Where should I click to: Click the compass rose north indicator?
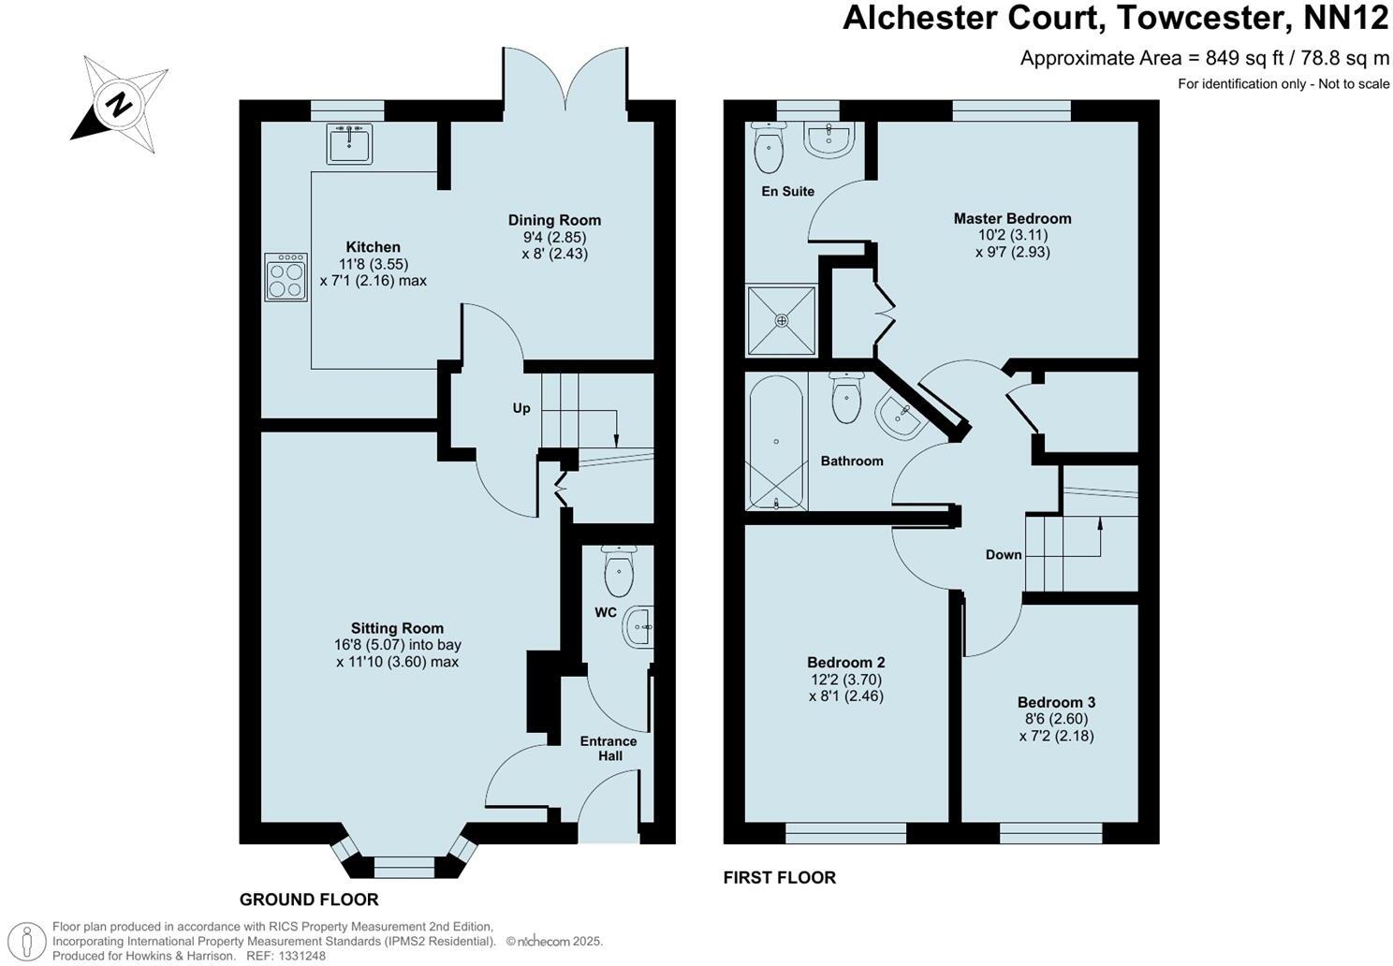119,104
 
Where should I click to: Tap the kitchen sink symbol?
349,143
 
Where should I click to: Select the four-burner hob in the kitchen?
286,277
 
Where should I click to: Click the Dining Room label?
554,220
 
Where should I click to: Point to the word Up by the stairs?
521,408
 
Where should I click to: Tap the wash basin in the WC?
638,626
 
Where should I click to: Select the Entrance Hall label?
608,748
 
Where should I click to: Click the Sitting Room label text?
397,628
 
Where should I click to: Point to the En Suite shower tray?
781,320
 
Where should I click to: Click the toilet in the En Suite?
769,148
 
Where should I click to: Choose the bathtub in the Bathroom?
776,442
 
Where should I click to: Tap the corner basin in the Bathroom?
900,416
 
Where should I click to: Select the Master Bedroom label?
1012,218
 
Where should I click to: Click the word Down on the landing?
1004,554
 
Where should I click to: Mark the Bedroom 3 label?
1056,702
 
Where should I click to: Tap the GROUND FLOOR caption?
309,900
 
